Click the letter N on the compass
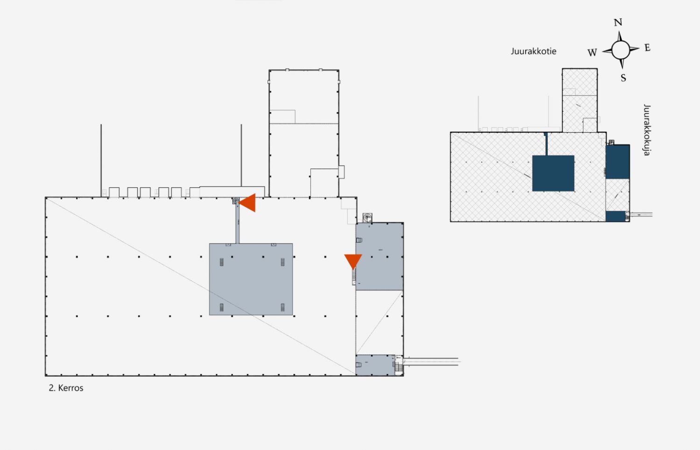tap(618, 22)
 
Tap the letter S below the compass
tap(623, 78)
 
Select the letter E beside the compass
tap(647, 48)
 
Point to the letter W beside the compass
tap(592, 52)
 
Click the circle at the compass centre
tap(621, 50)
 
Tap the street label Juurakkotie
tap(534, 51)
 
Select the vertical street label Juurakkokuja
tap(647, 130)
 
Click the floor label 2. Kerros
tap(66, 388)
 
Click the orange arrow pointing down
tap(353, 261)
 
